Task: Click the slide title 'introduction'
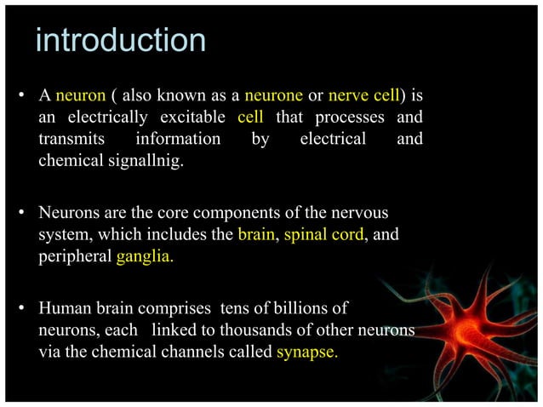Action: (120, 40)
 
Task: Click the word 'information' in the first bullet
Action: (178, 139)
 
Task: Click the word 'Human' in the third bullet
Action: (64, 307)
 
